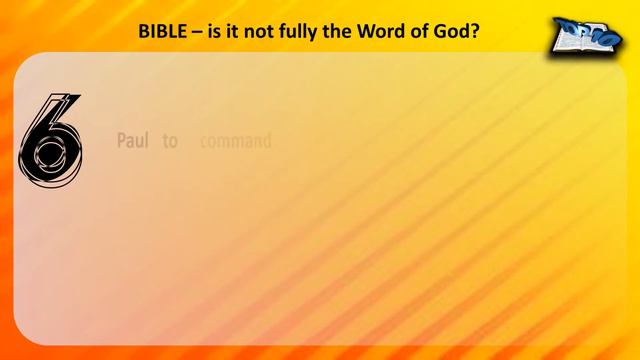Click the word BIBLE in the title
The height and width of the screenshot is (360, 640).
coord(163,30)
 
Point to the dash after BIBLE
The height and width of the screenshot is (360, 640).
coord(198,30)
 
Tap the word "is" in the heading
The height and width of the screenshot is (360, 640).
coord(215,30)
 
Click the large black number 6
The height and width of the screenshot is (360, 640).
coord(49,140)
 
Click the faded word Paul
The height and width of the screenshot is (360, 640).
coord(133,142)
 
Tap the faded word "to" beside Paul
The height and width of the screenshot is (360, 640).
coord(170,142)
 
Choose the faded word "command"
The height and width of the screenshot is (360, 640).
coord(235,142)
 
